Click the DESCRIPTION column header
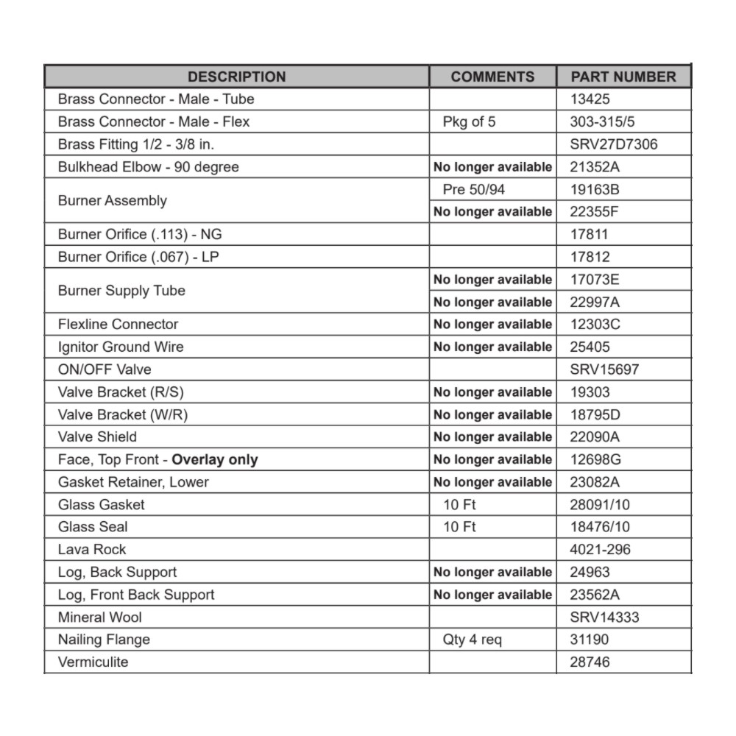pyautogui.click(x=236, y=77)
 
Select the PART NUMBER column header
pyautogui.click(x=623, y=77)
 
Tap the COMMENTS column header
pyautogui.click(x=492, y=77)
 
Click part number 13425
pyautogui.click(x=590, y=99)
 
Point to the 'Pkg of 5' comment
pyautogui.click(x=469, y=121)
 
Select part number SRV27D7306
pyautogui.click(x=614, y=144)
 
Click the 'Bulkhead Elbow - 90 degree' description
pyautogui.click(x=148, y=167)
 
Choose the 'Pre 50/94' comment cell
pyautogui.click(x=474, y=189)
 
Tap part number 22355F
pyautogui.click(x=595, y=212)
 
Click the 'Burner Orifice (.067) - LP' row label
pyautogui.click(x=139, y=257)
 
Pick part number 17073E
pyautogui.click(x=595, y=280)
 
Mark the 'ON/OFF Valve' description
pyautogui.click(x=105, y=369)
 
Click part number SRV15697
pyautogui.click(x=604, y=369)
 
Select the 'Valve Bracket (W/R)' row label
pyautogui.click(x=123, y=414)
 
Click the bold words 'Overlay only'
pyautogui.click(x=215, y=460)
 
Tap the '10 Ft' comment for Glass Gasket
pyautogui.click(x=459, y=504)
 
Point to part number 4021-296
pyautogui.click(x=600, y=549)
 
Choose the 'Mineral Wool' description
pyautogui.click(x=100, y=617)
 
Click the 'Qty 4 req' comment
pyautogui.click(x=472, y=640)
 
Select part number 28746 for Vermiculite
pyautogui.click(x=590, y=662)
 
